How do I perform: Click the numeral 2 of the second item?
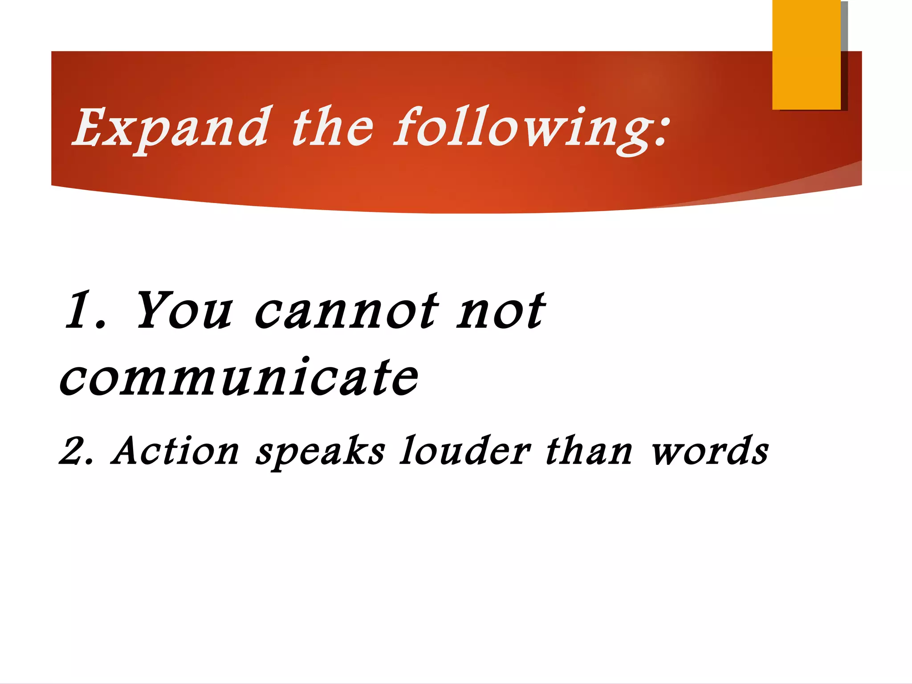tap(72, 451)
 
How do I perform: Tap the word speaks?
tap(320, 452)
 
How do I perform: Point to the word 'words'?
tap(710, 451)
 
